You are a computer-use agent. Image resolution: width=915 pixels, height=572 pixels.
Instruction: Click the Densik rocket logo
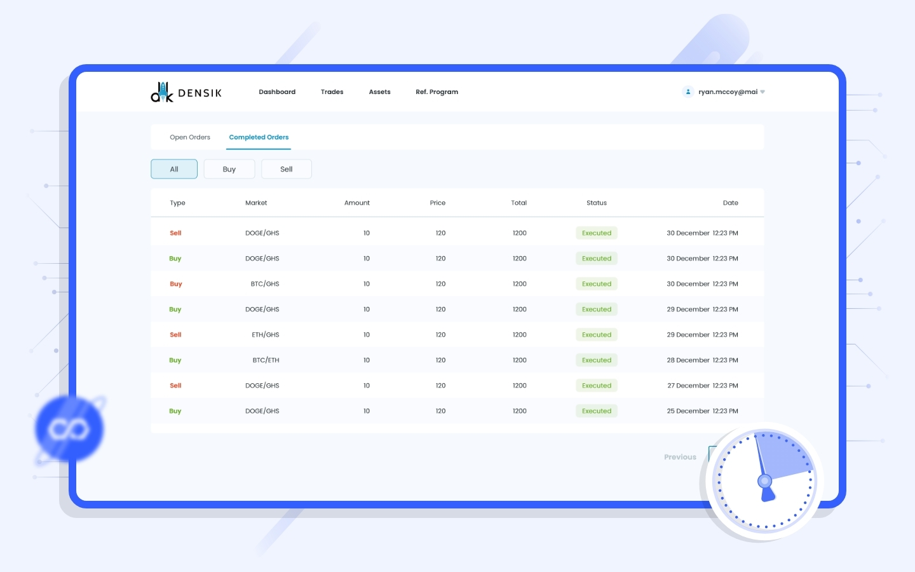click(x=162, y=92)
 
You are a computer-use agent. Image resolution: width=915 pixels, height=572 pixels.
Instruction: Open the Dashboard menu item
click(x=277, y=92)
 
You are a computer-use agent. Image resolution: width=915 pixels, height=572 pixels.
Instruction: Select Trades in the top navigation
click(x=332, y=92)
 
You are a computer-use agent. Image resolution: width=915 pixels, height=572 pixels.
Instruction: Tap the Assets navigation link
click(x=379, y=92)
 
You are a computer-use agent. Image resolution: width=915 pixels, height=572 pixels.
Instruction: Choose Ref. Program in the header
click(x=437, y=92)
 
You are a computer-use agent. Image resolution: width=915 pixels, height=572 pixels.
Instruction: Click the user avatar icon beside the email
click(x=688, y=92)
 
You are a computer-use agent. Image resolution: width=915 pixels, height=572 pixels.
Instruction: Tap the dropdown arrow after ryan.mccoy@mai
click(x=762, y=92)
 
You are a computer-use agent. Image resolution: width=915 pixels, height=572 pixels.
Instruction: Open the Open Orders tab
click(x=190, y=137)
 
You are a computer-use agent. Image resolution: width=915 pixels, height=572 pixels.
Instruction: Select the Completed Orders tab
click(x=259, y=137)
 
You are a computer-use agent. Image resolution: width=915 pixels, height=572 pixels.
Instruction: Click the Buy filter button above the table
click(x=229, y=169)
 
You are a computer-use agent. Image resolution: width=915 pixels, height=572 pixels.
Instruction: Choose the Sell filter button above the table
click(x=287, y=169)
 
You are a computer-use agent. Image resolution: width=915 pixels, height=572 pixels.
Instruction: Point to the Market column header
click(x=256, y=203)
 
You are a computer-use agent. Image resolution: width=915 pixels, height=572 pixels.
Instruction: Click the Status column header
click(x=597, y=203)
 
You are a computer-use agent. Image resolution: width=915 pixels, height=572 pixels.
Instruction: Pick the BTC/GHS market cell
click(x=265, y=284)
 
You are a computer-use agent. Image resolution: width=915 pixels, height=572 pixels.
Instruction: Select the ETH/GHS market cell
click(x=265, y=334)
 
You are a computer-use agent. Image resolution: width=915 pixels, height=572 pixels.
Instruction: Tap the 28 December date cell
click(x=702, y=360)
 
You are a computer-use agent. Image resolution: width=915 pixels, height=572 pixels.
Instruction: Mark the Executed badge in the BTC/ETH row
click(x=597, y=360)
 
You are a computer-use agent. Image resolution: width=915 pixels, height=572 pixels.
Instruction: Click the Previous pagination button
click(x=680, y=457)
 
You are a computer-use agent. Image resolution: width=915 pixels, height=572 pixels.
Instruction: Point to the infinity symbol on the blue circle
click(x=68, y=430)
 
